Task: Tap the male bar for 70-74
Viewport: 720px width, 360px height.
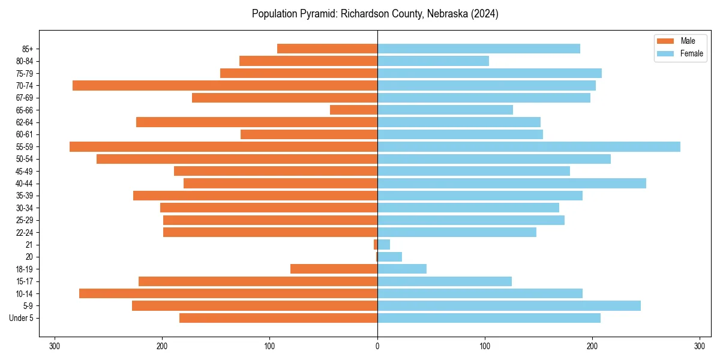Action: coord(225,85)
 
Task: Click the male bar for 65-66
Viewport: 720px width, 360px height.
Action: coord(353,110)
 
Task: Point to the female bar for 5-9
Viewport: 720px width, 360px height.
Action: coord(509,305)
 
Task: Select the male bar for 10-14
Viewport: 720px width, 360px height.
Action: coord(228,293)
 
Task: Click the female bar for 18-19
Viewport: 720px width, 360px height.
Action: coord(402,269)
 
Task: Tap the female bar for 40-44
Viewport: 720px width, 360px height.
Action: coord(512,183)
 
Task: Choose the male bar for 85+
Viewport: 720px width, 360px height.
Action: coord(327,49)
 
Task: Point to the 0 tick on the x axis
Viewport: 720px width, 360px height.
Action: coord(377,346)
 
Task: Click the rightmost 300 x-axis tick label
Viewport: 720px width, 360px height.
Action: coord(700,346)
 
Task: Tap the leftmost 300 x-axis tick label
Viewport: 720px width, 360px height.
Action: coord(55,346)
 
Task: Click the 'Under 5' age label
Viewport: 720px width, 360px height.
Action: coord(22,318)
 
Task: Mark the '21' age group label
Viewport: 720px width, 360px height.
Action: coord(29,245)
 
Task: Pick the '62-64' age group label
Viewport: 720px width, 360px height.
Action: coord(25,122)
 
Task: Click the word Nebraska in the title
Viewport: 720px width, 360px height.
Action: coord(446,14)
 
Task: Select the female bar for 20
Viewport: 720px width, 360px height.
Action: coord(389,257)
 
